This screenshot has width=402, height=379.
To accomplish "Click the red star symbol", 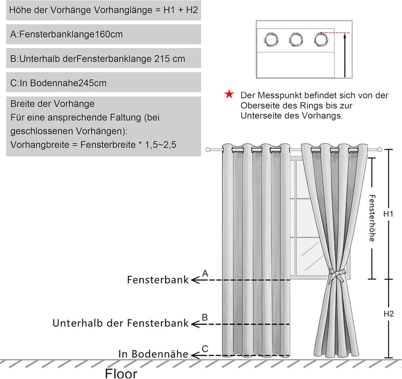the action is [229, 94].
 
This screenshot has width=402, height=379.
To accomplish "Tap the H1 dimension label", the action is [388, 214].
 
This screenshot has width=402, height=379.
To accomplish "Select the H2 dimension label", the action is [389, 314].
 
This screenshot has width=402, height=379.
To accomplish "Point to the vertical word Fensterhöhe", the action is [372, 218].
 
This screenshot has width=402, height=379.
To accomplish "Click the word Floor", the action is [121, 373].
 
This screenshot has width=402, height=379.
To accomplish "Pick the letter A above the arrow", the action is [205, 274].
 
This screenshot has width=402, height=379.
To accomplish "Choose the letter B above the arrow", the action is [204, 318].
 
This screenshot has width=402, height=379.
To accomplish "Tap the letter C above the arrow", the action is [205, 349].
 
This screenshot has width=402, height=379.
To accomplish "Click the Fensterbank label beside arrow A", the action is [157, 280].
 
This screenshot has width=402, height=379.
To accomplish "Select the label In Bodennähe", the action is [154, 354].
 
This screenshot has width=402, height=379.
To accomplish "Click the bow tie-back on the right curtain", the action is [336, 276].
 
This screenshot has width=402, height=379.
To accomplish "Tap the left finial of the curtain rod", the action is [208, 149].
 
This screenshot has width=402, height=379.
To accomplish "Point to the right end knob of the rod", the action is [380, 150].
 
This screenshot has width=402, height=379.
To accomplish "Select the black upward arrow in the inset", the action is [345, 55].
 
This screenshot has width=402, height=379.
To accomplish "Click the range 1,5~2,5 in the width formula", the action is [161, 145].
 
